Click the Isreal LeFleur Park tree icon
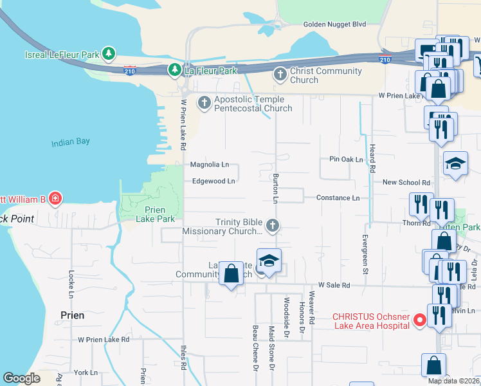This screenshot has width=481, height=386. point(109,54)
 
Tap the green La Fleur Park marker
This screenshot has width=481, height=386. point(174,69)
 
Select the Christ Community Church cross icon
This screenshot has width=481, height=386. point(280,75)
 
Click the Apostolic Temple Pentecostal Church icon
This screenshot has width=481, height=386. point(204,102)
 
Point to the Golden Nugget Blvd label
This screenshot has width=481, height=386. point(334,24)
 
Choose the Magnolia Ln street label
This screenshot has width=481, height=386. point(209,165)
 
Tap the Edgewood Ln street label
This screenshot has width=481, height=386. point(213,181)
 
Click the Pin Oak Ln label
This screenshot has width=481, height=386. point(346,159)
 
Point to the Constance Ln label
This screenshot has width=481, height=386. point(338,198)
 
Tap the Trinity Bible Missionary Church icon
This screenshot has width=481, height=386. point(273,225)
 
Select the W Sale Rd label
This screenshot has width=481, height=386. point(334,284)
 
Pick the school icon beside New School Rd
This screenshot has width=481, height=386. point(455,163)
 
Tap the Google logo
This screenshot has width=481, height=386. point(21,378)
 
